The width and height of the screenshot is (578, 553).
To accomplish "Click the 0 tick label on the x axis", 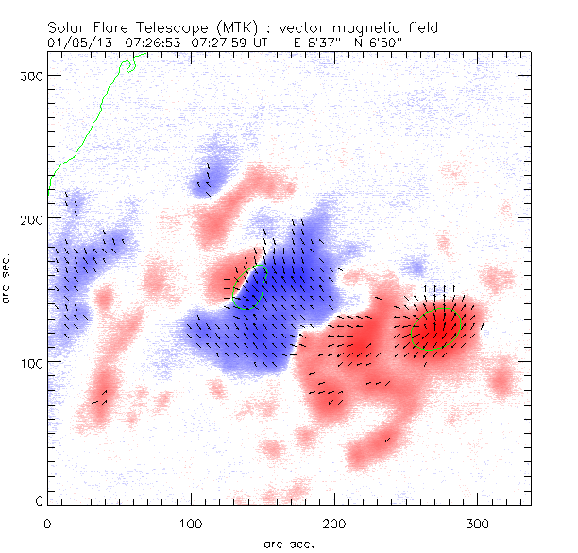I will pos(47,521).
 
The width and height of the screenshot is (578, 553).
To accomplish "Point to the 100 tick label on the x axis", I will pos(191,521).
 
